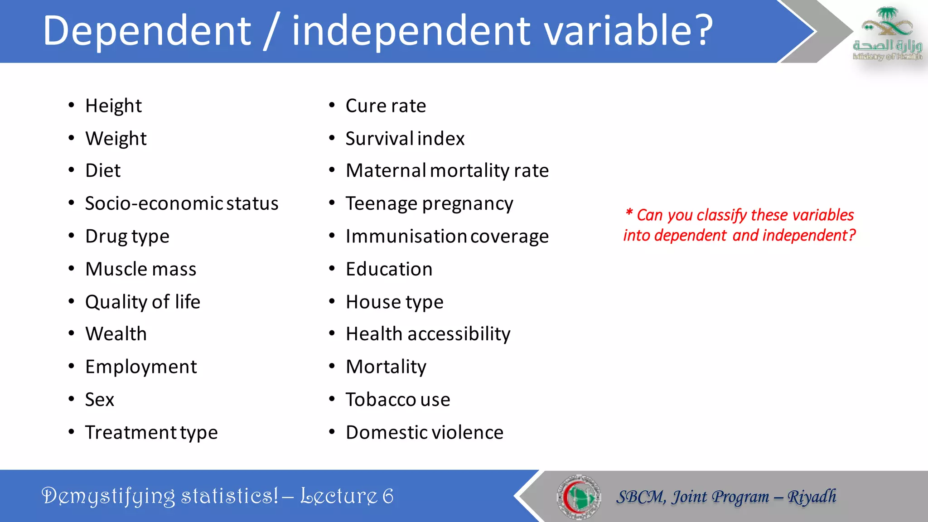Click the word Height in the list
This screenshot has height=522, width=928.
point(113,106)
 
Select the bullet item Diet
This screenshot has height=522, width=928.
point(103,171)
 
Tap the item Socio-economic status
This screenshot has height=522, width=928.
point(182,203)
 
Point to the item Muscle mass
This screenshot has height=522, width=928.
point(140,269)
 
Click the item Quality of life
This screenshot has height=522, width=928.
point(142,302)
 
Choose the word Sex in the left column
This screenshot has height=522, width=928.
point(100,400)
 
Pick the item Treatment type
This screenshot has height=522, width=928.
point(151,432)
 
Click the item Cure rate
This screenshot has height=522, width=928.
point(386,106)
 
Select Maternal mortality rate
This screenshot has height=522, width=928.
point(447,171)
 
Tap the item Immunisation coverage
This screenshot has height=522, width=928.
point(447,237)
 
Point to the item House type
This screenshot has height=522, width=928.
point(394,302)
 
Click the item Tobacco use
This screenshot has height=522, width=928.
point(397,400)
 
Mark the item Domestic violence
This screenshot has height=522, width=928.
point(424,432)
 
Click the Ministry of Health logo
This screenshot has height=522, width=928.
point(887,34)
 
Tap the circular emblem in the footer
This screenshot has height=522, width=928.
point(579,497)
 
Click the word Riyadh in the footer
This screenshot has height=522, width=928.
point(812,497)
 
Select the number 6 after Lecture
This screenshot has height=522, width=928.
point(388,496)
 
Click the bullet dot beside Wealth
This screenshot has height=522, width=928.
point(71,334)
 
